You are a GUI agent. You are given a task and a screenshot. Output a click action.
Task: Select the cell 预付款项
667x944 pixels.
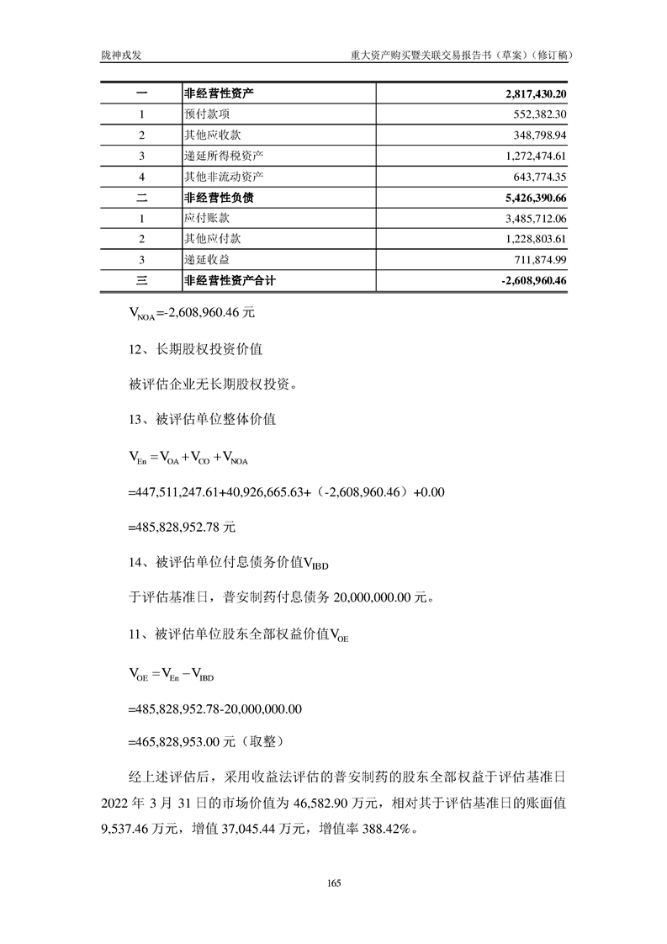(x=207, y=114)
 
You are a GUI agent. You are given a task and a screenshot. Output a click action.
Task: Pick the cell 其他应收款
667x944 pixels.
(x=213, y=135)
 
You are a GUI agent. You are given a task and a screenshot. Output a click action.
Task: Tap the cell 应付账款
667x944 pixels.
(x=207, y=219)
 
